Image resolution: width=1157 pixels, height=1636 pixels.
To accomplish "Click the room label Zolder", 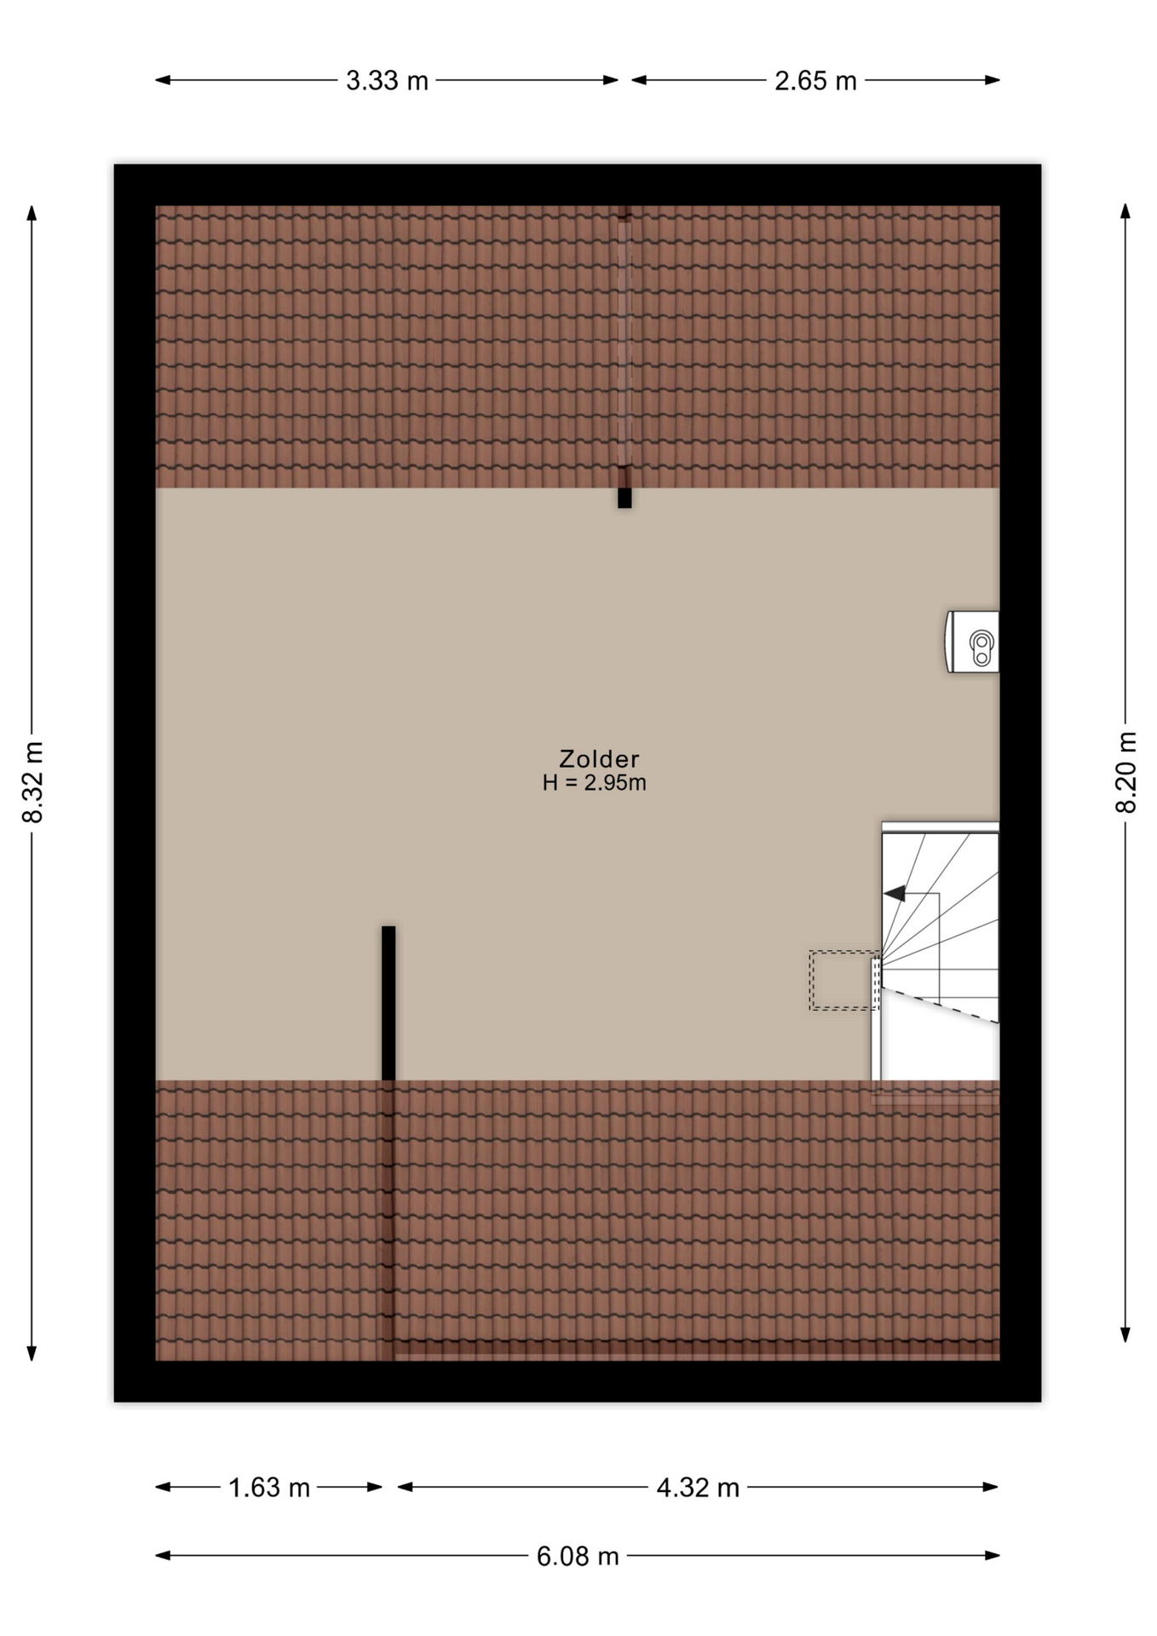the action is [x=599, y=758].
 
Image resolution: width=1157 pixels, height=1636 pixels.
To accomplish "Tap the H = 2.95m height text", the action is [x=595, y=783].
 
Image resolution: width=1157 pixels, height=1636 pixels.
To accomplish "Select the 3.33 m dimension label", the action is [x=387, y=81].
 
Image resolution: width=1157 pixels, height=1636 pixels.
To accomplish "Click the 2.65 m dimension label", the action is [x=815, y=81].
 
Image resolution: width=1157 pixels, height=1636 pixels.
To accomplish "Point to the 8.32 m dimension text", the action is [x=32, y=782].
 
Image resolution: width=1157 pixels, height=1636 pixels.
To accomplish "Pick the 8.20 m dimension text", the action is [x=1126, y=772].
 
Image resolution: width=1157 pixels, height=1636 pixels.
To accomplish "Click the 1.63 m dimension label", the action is [x=268, y=1488].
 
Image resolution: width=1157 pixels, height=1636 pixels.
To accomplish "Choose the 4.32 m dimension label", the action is [x=698, y=1488].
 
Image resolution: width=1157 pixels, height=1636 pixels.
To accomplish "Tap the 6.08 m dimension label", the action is [x=578, y=1557].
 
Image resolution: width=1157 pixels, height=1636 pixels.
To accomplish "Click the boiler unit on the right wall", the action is [x=972, y=642].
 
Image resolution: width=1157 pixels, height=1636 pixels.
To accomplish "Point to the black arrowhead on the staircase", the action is [x=895, y=893].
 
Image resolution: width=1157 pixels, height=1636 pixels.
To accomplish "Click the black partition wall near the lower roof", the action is [x=389, y=1003].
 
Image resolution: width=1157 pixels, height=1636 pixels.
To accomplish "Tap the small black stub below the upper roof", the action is [x=625, y=498].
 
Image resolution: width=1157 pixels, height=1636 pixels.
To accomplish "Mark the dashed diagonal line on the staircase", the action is [x=940, y=1005].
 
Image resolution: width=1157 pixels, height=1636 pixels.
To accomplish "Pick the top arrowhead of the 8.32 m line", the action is [x=32, y=213].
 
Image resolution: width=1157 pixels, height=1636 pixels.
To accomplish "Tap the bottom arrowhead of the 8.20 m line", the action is [x=1125, y=1334].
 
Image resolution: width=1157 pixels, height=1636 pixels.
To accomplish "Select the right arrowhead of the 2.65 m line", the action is [x=992, y=80].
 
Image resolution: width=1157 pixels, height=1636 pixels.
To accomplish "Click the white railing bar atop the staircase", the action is [x=940, y=827].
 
